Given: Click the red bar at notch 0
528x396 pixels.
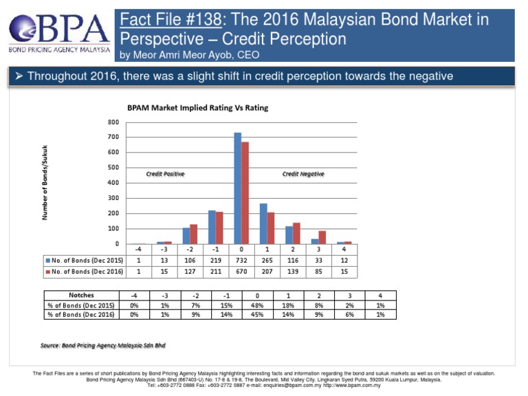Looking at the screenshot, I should (245, 193).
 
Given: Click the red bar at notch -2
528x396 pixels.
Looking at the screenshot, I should (193, 234).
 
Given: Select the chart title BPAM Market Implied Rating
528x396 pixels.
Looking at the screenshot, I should (197, 108).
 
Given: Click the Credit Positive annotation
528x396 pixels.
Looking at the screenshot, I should (165, 174).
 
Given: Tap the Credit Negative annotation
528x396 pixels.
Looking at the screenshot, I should (303, 174).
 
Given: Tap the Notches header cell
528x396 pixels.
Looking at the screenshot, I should (81, 295).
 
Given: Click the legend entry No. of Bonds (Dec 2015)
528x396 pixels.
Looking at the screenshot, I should (84, 261).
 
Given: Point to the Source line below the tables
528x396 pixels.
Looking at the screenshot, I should (103, 345).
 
